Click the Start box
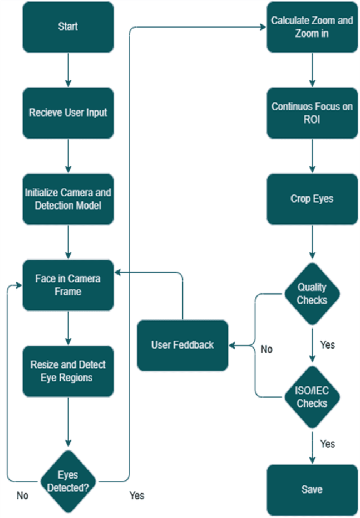point(68,27)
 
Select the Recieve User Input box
point(68,112)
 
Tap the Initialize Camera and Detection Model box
point(68,199)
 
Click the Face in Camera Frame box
point(68,285)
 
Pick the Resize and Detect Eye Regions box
point(68,371)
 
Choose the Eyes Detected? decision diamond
point(68,481)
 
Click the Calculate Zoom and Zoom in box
point(312,27)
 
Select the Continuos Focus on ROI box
point(312,112)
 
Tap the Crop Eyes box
point(312,199)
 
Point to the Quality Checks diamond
point(312,294)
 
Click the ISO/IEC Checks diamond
point(312,396)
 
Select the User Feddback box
point(183,345)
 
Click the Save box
point(312,489)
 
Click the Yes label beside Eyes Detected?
point(137,496)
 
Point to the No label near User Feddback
point(267,349)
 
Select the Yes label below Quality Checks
point(327,344)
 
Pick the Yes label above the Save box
point(327,444)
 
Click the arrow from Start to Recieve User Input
point(68,70)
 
